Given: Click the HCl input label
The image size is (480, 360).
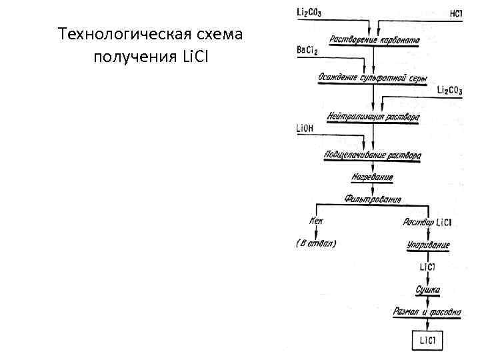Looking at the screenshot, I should click(x=456, y=14).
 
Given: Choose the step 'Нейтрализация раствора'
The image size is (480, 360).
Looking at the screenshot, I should click(x=373, y=117).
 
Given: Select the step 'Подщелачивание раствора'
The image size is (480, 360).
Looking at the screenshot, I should click(x=373, y=155).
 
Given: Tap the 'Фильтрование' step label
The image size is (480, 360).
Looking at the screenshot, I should click(x=373, y=199).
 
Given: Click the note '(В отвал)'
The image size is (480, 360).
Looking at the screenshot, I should click(x=315, y=243).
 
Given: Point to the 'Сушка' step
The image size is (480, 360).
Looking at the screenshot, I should click(x=427, y=291).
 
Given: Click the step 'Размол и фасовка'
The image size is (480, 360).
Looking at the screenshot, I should click(x=427, y=312).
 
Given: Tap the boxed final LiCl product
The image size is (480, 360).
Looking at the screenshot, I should click(x=427, y=341).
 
